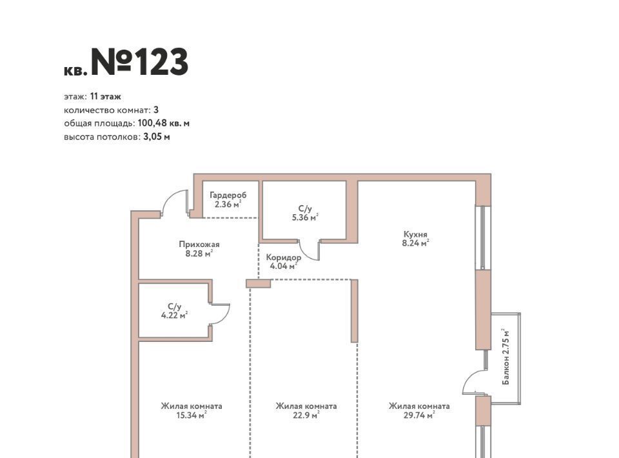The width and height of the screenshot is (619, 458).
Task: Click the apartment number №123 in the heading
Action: tap(140, 62)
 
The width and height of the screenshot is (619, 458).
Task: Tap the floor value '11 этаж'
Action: tap(105, 96)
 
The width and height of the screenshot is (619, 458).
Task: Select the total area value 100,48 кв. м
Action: tap(163, 123)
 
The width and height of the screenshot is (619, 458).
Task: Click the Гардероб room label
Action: tap(228, 195)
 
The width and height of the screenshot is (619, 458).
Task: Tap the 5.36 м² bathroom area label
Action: tap(305, 217)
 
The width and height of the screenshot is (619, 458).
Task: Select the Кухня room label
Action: tap(415, 234)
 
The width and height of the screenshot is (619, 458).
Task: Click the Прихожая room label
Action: tap(199, 244)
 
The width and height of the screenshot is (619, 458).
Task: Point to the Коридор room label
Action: tap(284, 257)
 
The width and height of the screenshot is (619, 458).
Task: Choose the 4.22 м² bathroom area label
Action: tap(174, 315)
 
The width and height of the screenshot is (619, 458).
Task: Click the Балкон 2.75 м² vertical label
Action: tap(506, 357)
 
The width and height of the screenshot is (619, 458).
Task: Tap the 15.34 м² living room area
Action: tap(192, 415)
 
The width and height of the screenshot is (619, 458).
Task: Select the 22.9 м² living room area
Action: tap(306, 415)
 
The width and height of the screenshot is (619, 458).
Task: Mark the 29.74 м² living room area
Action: tap(419, 415)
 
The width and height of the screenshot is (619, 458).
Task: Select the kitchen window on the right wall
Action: tap(482, 237)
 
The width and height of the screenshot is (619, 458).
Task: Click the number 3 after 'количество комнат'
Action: tap(156, 110)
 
